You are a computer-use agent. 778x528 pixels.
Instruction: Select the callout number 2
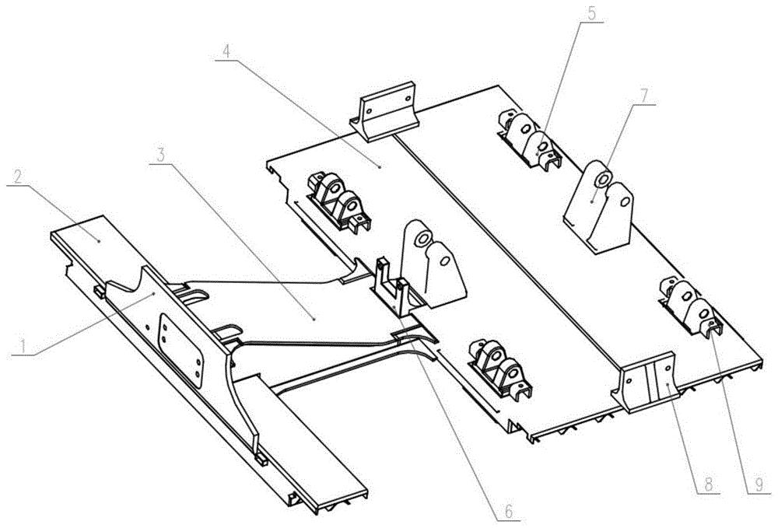[x=18, y=177]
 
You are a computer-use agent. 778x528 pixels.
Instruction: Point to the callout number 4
[x=226, y=51]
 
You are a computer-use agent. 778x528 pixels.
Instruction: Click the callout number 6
[x=509, y=511]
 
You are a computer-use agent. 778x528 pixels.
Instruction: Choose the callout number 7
[x=643, y=96]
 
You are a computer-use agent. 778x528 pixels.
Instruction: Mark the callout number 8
[x=709, y=484]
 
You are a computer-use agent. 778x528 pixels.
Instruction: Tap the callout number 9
[x=759, y=484]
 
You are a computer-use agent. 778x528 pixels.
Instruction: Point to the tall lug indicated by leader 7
[x=599, y=207]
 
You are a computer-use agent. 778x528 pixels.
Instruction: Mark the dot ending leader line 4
[x=380, y=167]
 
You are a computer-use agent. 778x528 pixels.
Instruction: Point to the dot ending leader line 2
[x=99, y=241]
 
